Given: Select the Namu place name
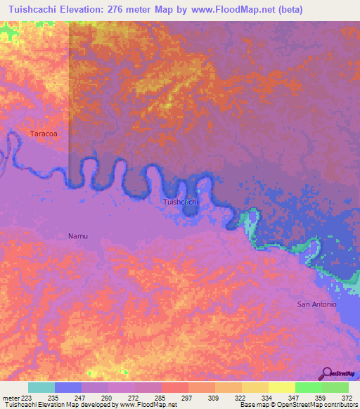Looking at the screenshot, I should [78, 236].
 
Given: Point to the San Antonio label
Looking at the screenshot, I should [317, 304].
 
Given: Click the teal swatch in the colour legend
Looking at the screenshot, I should [41, 387].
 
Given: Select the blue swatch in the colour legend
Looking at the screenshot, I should [68, 387].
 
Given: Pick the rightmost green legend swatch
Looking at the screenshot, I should [335, 387].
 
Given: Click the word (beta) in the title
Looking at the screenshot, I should [338, 9].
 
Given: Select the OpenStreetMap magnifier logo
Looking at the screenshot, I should [326, 372].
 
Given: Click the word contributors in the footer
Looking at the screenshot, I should [338, 405].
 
